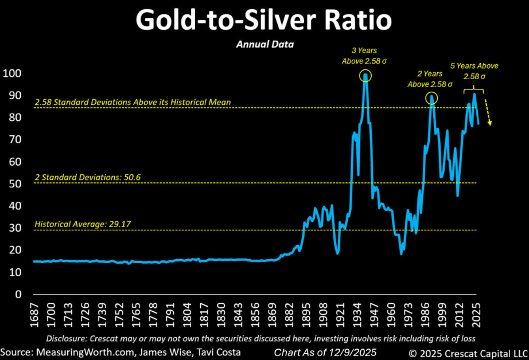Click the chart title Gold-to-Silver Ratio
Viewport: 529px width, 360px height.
pyautogui.click(x=264, y=21)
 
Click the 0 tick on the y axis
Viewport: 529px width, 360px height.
pyautogui.click(x=17, y=295)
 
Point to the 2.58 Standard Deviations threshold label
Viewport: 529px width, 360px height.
pyautogui.click(x=133, y=102)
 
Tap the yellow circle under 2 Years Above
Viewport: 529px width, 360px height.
pyautogui.click(x=432, y=98)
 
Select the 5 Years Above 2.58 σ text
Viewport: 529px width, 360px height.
pyautogui.click(x=474, y=71)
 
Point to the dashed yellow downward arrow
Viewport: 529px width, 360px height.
pyautogui.click(x=488, y=112)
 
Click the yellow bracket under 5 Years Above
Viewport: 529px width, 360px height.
pyautogui.click(x=474, y=89)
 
